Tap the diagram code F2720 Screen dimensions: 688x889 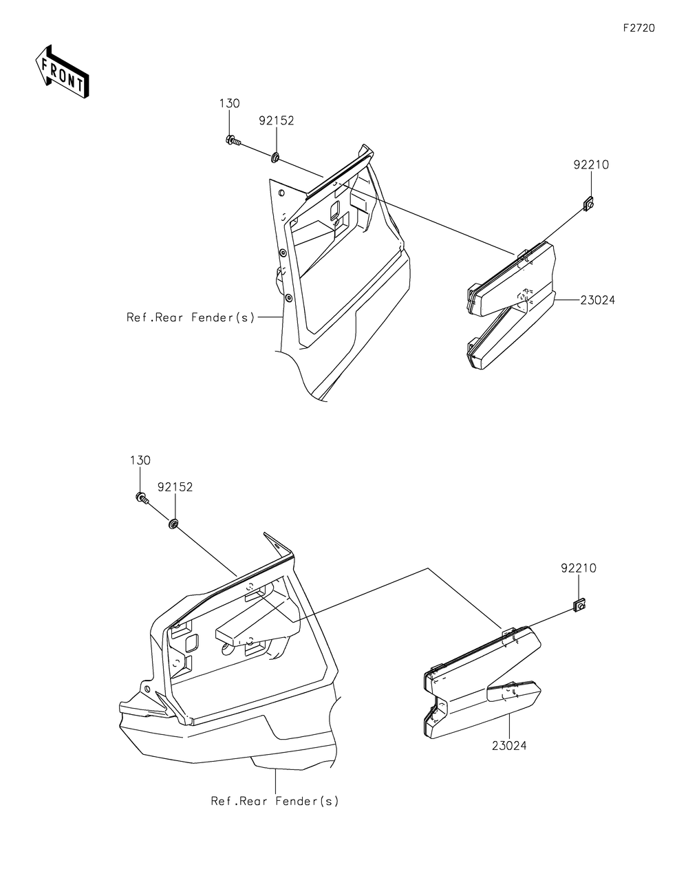[639, 28]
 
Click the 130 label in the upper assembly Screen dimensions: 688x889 [229, 103]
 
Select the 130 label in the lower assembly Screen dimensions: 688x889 [140, 460]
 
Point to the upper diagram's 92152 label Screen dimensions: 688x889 [276, 120]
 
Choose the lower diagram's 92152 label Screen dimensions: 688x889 [175, 487]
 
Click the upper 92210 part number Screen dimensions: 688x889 [591, 165]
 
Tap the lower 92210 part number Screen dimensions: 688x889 [579, 568]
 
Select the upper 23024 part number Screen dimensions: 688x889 [597, 300]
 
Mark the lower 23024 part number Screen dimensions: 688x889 [509, 746]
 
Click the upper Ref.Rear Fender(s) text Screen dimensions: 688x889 [191, 317]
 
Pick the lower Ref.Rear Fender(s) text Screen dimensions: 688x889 [275, 801]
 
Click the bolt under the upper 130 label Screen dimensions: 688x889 [233, 140]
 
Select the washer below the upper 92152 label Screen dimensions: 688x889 [275, 157]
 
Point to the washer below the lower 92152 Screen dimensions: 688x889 [173, 524]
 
